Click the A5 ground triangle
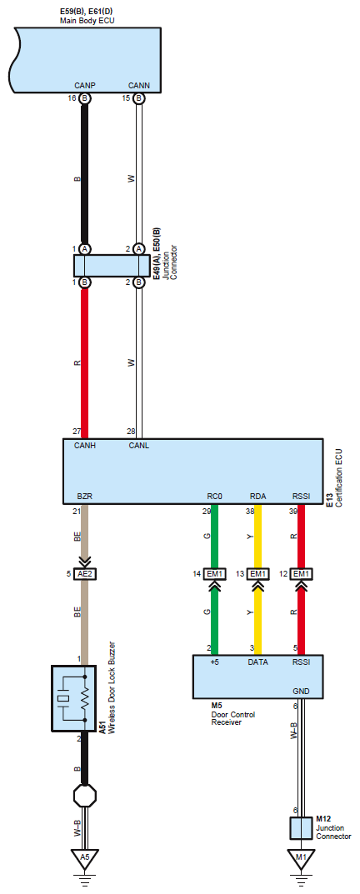pyautogui.click(x=84, y=857)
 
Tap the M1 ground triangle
pyautogui.click(x=301, y=857)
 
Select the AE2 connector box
pyautogui.click(x=84, y=573)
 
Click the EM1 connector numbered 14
pyautogui.click(x=214, y=573)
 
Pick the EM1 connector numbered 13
pyautogui.click(x=257, y=573)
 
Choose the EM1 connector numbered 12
pyautogui.click(x=301, y=573)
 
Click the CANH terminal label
pyautogui.click(x=84, y=446)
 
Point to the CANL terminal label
pyautogui.click(x=138, y=446)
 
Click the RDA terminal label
pyautogui.click(x=257, y=497)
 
